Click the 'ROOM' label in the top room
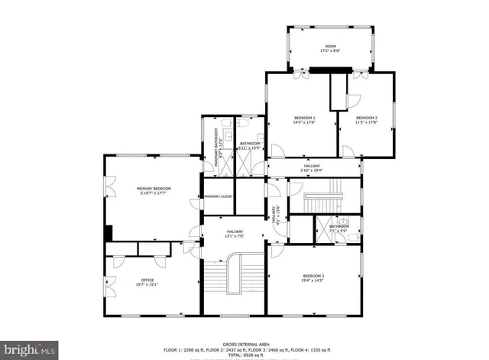pos(331,47)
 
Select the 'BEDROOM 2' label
pos(367,117)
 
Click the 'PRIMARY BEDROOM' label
pos(154,189)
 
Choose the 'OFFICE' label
pos(147,280)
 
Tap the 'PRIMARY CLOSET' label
pos(219,196)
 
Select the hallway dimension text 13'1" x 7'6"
pos(235,236)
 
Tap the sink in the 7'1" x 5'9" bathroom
pos(345,223)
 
